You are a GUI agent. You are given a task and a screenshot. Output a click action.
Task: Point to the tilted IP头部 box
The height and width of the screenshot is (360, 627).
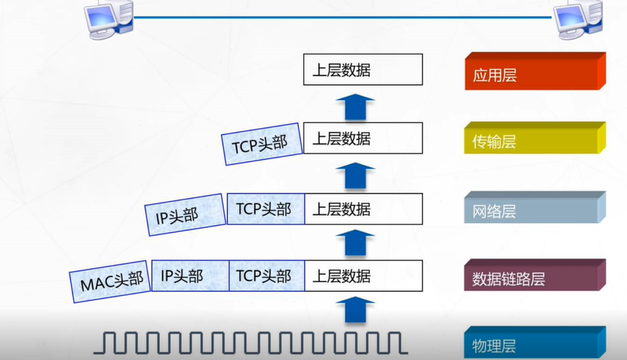click(184, 213)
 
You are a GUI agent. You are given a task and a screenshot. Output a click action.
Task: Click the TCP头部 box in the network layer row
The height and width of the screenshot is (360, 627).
click(265, 209)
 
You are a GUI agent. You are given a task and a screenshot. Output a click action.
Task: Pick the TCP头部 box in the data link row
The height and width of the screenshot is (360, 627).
click(265, 276)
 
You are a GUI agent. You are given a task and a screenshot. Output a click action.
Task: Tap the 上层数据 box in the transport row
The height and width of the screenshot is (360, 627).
click(363, 139)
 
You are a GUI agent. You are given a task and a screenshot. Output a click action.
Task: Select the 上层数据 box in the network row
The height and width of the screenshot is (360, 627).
click(363, 209)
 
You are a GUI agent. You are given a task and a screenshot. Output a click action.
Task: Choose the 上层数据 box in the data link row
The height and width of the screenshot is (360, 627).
click(363, 276)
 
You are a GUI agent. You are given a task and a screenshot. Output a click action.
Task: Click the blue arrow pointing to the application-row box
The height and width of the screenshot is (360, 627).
click(355, 106)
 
